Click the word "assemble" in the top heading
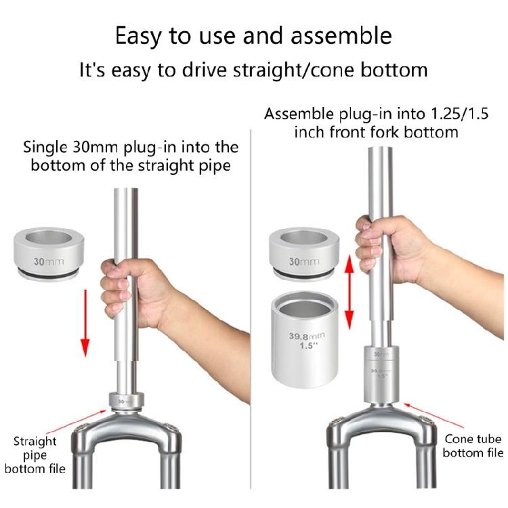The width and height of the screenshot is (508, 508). point(341,36)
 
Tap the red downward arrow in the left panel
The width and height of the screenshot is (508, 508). point(85,323)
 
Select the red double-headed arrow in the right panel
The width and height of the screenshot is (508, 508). point(349,291)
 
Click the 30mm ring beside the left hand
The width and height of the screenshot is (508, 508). point(49,254)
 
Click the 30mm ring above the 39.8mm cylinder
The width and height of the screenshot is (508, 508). point(304,254)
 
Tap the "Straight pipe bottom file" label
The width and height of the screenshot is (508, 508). point(35,455)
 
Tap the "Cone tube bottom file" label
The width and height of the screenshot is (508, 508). point(473,446)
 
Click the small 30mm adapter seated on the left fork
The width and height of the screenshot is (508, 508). point(127,401)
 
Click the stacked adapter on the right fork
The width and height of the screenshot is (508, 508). point(381,374)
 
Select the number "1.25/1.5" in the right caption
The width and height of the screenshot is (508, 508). point(459,114)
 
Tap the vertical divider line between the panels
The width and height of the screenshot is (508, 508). point(251,310)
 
